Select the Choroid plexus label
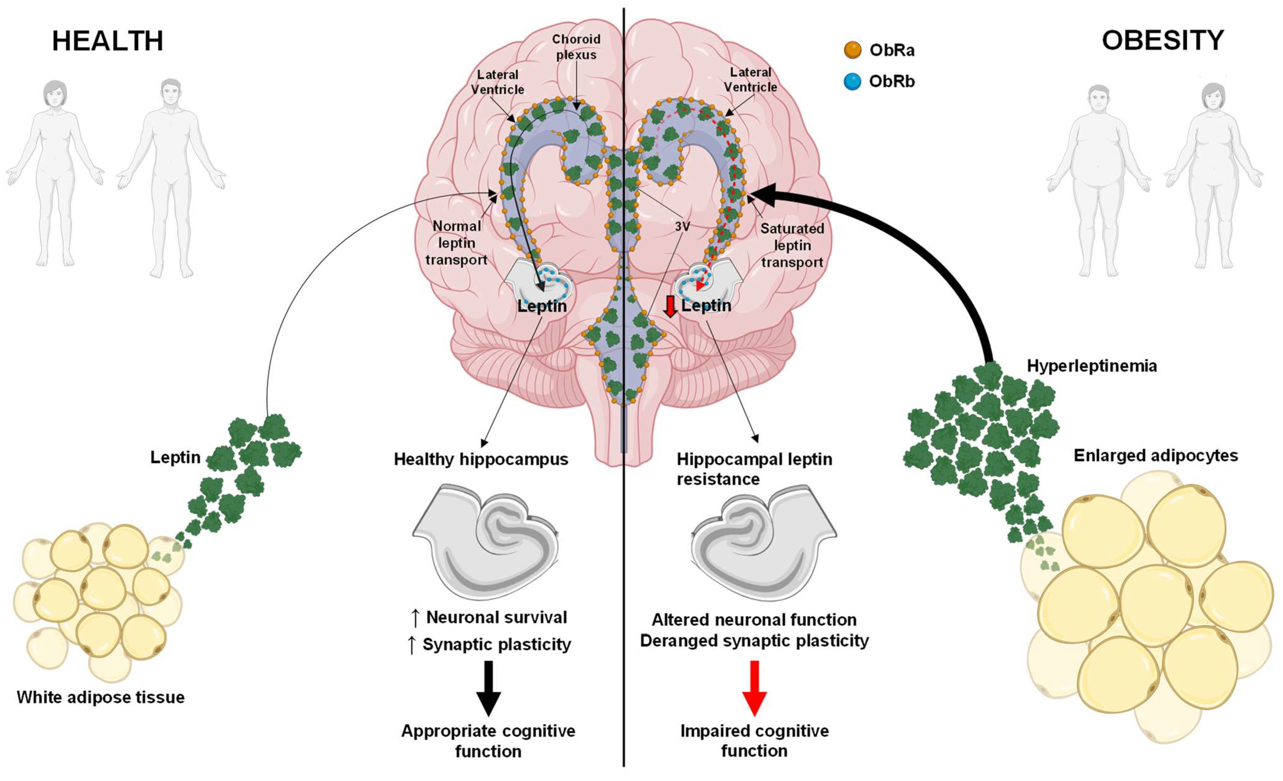[x=576, y=47]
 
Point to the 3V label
[x=682, y=226]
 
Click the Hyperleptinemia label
[x=1091, y=366]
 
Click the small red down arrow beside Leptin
[x=670, y=306]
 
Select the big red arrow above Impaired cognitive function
[x=754, y=688]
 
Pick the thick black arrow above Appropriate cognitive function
[x=488, y=688]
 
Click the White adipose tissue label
[x=101, y=697]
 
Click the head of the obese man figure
[x=1099, y=99]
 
